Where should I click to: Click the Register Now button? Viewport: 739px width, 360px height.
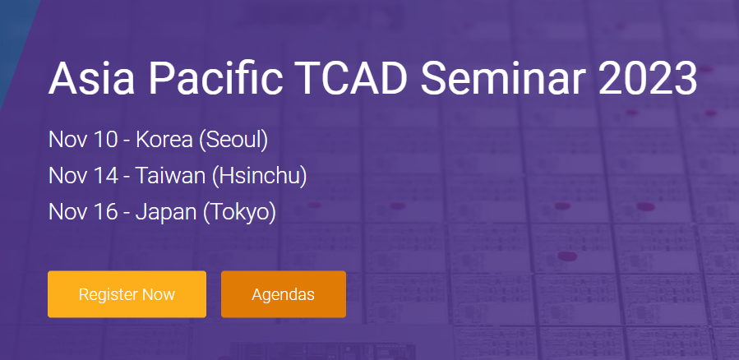pyautogui.click(x=127, y=294)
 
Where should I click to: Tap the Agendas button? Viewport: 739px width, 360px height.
pyautogui.click(x=284, y=294)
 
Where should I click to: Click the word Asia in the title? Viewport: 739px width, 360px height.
pyautogui.click(x=90, y=78)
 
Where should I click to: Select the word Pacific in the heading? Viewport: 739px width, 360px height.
pyautogui.click(x=216, y=78)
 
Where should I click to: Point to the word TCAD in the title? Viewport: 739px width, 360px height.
pyautogui.click(x=353, y=78)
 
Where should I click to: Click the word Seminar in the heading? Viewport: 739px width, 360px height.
pyautogui.click(x=503, y=78)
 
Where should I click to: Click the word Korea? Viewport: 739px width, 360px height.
pyautogui.click(x=164, y=140)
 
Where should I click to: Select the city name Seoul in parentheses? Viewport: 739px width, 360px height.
pyautogui.click(x=233, y=140)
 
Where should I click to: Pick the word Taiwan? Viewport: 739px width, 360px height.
pyautogui.click(x=171, y=176)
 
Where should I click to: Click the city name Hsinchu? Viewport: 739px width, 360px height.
pyautogui.click(x=259, y=176)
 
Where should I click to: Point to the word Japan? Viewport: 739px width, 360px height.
pyautogui.click(x=166, y=213)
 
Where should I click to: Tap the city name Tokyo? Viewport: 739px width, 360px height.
pyautogui.click(x=239, y=213)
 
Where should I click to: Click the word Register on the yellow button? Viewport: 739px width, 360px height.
pyautogui.click(x=108, y=295)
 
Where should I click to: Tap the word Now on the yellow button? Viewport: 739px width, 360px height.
pyautogui.click(x=159, y=294)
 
